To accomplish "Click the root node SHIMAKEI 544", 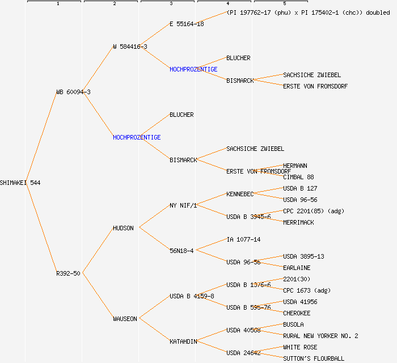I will point(20,183).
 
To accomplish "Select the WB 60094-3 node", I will point(73,92).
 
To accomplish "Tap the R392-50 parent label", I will point(68,273).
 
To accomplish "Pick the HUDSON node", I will point(123,228).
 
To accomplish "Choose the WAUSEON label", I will point(125,319).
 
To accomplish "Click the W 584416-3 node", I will point(130,47).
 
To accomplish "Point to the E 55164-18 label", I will point(187,24).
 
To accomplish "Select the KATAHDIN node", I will point(183,341).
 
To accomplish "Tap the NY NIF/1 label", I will point(183,205).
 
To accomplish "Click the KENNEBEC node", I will point(240,194).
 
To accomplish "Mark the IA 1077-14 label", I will point(243,239).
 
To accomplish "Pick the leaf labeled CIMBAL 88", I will point(298,177).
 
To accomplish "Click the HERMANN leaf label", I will point(295,166).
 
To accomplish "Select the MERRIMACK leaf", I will point(298,222).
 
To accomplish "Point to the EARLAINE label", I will point(297,268).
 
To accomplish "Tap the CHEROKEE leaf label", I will point(297,313).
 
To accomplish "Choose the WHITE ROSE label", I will point(300,347).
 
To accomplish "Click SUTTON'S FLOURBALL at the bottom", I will point(314,358).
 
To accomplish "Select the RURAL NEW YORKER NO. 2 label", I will point(320,336).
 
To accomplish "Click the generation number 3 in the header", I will point(171,4).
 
